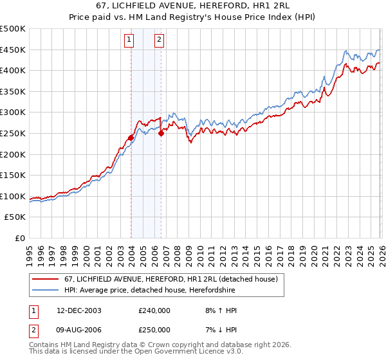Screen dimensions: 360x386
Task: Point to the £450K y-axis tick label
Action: (x=13, y=50)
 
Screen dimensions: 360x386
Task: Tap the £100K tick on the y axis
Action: (x=13, y=196)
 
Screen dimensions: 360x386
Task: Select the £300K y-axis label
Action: (x=13, y=113)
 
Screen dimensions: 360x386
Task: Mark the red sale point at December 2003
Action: (x=131, y=138)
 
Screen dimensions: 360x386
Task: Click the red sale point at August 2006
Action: (x=161, y=133)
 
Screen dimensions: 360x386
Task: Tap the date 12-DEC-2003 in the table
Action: (x=79, y=310)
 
